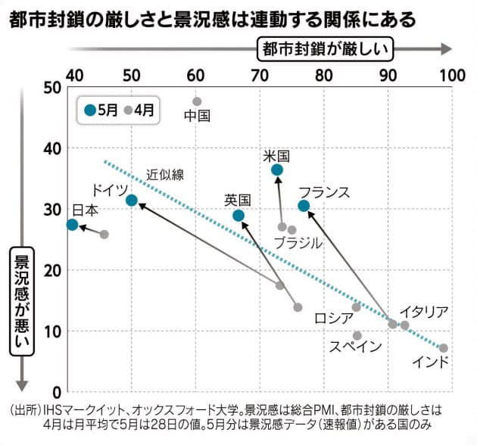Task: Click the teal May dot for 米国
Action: [x=277, y=170]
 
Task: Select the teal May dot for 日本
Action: [x=72, y=225]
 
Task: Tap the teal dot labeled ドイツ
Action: [x=132, y=201]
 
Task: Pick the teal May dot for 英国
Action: [x=238, y=216]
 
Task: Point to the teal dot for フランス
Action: [x=304, y=206]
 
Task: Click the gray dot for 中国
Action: [x=197, y=101]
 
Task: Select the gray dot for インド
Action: [x=444, y=348]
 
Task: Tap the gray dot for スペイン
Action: [x=357, y=336]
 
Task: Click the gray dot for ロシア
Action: [x=357, y=307]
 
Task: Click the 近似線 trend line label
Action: [x=164, y=175]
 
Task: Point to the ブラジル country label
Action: [x=298, y=243]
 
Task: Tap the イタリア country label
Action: [x=425, y=312]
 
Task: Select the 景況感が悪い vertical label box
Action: [x=22, y=298]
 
